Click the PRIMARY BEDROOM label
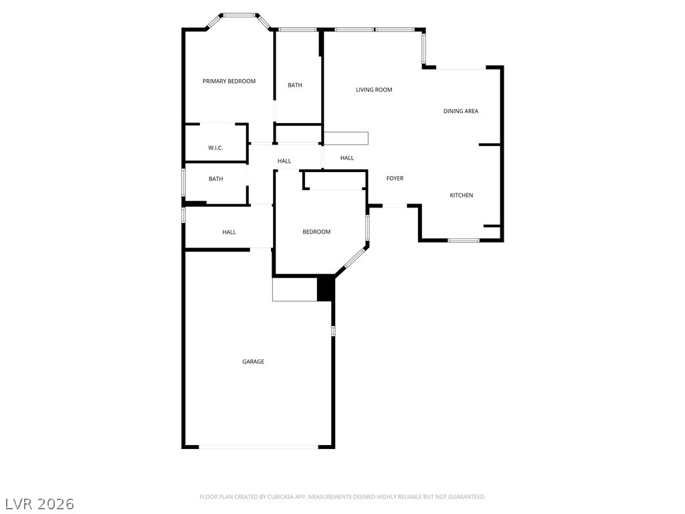(229, 81)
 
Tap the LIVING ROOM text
(374, 90)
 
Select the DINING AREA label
(461, 112)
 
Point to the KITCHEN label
(462, 195)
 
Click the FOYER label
(395, 178)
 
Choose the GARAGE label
(254, 362)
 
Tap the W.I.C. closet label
(216, 148)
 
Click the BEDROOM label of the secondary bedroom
(316, 232)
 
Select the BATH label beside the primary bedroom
(295, 85)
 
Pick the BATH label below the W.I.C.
(216, 179)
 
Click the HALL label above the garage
(229, 232)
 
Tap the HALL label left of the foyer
(347, 158)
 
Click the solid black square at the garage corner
(326, 288)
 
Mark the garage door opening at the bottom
(259, 447)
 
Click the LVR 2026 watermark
(39, 504)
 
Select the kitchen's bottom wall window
(464, 240)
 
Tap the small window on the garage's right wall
(333, 331)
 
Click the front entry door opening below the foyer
(395, 205)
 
